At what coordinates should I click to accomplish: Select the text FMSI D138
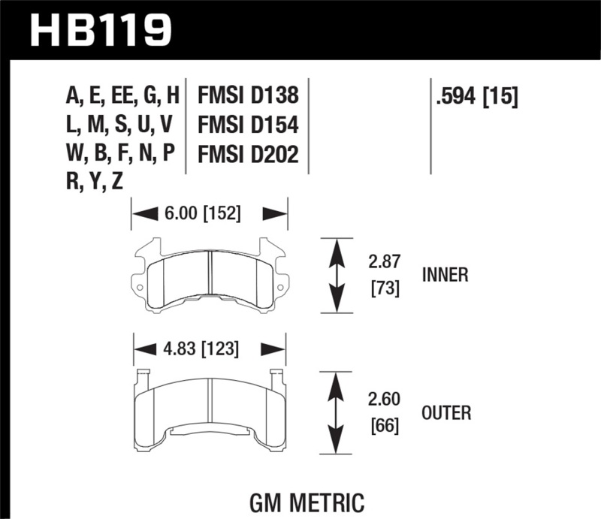point(248,96)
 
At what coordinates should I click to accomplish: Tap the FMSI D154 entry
point(248,125)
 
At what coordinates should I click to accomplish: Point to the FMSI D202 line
point(248,154)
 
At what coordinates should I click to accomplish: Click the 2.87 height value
point(385,263)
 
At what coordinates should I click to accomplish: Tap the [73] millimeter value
point(385,288)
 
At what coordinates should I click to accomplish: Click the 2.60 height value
point(385,400)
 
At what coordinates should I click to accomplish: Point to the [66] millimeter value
point(385,426)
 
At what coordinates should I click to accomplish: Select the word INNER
point(445,276)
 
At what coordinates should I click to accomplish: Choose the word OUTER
point(446,412)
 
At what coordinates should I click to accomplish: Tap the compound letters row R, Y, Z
point(95,182)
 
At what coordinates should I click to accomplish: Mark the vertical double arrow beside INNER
point(337,275)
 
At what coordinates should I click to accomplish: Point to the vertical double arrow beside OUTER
point(337,412)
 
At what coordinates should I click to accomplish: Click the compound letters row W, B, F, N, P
point(121,153)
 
